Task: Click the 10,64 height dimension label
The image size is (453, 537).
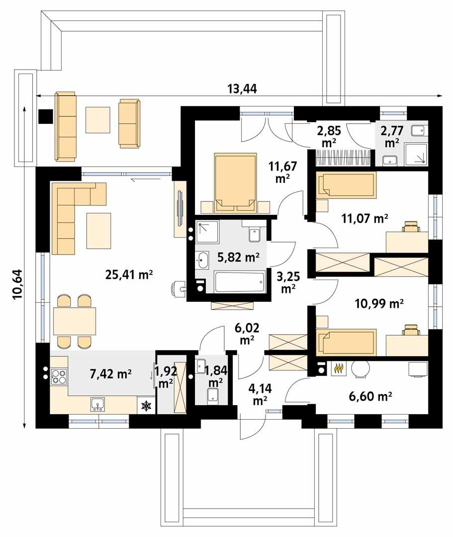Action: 18,286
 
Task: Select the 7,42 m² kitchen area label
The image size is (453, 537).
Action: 110,374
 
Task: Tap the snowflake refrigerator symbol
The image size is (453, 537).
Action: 146,406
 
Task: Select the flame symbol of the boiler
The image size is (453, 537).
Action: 338,368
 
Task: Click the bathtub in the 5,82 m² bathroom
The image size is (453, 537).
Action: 239,282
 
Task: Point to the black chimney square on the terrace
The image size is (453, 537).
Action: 46,116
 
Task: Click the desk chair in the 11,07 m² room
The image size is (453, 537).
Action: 411,227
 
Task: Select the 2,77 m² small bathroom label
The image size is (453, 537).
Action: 391,137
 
